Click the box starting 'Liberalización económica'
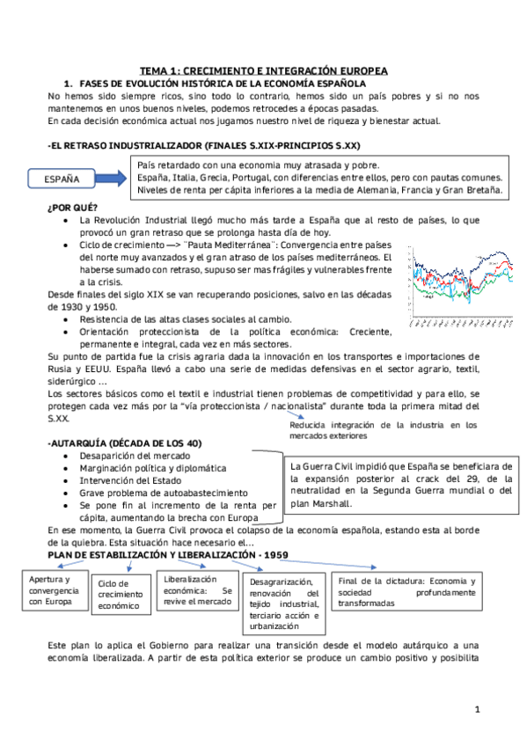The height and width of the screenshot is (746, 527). coord(196,590)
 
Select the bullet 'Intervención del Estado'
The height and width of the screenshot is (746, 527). coord(129,480)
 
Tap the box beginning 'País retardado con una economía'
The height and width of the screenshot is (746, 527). coord(320,177)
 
